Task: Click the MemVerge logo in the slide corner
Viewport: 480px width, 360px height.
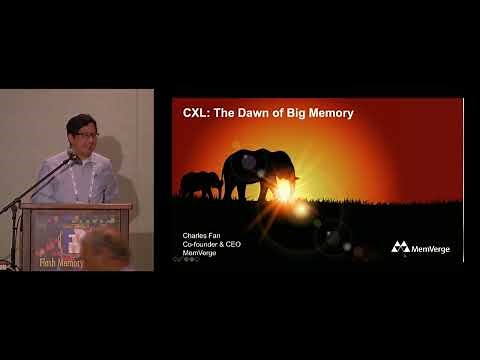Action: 420,247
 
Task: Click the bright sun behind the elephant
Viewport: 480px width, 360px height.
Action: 285,187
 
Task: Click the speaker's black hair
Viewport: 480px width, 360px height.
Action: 81,121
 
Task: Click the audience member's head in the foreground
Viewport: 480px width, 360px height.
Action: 106,250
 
